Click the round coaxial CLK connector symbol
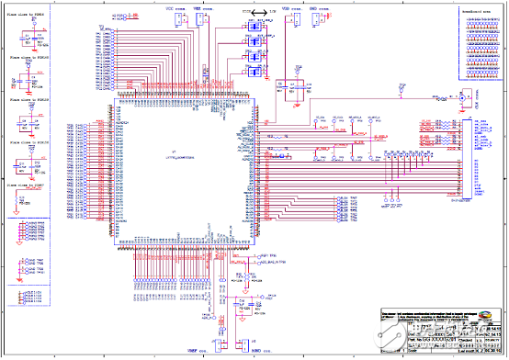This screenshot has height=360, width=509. (465, 96)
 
